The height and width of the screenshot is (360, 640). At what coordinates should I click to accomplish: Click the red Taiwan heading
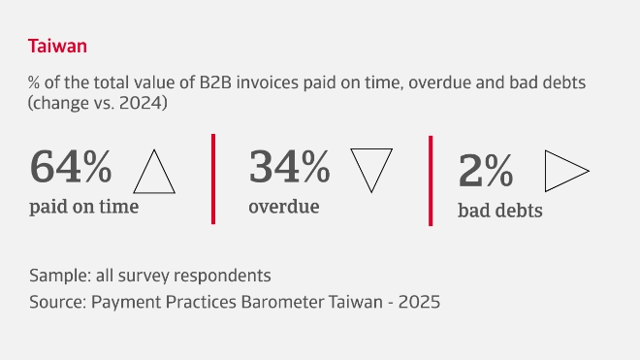pyautogui.click(x=58, y=46)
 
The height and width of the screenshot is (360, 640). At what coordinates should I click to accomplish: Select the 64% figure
pyautogui.click(x=71, y=167)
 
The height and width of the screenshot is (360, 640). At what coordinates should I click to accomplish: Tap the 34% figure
pyautogui.click(x=289, y=167)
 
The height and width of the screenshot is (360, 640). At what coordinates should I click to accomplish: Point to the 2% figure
pyautogui.click(x=485, y=172)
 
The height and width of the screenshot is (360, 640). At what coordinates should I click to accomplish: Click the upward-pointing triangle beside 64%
pyautogui.click(x=153, y=173)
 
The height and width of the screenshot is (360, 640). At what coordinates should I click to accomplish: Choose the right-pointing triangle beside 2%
pyautogui.click(x=565, y=171)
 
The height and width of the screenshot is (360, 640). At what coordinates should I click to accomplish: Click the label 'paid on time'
pyautogui.click(x=83, y=207)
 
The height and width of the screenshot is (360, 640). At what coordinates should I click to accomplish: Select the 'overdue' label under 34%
pyautogui.click(x=284, y=206)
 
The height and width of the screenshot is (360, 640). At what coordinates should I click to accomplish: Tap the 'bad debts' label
pyautogui.click(x=499, y=210)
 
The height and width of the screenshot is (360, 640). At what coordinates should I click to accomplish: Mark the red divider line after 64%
pyautogui.click(x=212, y=179)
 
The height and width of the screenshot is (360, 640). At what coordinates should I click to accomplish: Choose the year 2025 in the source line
pyautogui.click(x=419, y=302)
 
